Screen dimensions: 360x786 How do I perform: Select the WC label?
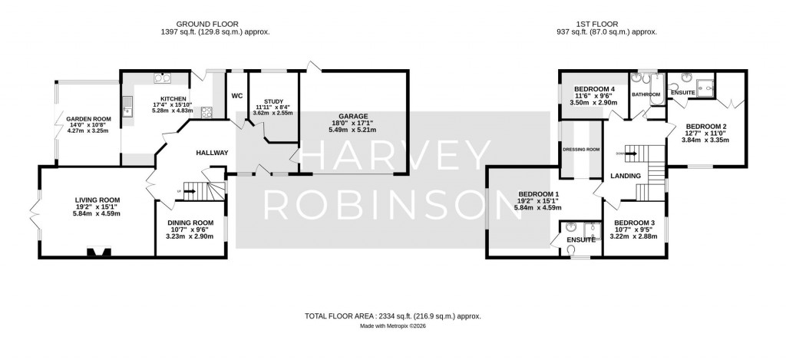tap(237, 96)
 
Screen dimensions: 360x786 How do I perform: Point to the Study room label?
tap(274, 101)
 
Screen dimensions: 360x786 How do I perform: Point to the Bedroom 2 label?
tap(705, 127)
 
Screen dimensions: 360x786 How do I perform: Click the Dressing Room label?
tap(580, 150)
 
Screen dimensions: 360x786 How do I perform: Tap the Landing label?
tap(626, 177)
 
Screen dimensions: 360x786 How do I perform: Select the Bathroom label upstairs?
tap(646, 94)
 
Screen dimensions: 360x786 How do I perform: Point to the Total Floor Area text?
tap(392, 315)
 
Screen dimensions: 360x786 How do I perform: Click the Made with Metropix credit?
tap(393, 325)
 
